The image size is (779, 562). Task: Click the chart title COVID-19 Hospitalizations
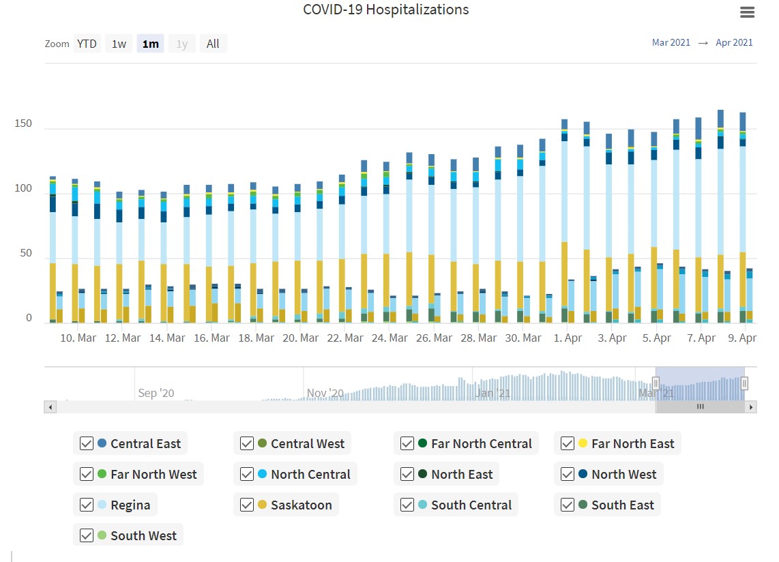[x=385, y=10]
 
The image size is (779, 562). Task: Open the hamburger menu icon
[x=747, y=12]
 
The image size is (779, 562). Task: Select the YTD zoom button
[x=87, y=44]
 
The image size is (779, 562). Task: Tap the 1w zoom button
[x=119, y=44]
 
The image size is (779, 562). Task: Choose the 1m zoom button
[x=150, y=44]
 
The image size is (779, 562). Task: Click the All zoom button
[x=213, y=44]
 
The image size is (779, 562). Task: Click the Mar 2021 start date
[x=671, y=42]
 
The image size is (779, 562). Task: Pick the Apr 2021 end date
[x=734, y=42]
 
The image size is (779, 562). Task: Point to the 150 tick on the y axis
[x=23, y=123]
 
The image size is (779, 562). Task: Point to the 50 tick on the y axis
[x=26, y=254]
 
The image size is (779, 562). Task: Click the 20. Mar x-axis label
[x=301, y=338]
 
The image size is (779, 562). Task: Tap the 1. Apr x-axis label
[x=568, y=338]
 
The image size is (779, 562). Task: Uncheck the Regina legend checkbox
[x=87, y=505]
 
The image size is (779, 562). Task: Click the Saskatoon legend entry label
[x=301, y=505]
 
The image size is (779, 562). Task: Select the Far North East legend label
[x=632, y=444]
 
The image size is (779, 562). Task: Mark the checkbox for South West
[x=87, y=536]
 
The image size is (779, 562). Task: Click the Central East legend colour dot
[x=102, y=443]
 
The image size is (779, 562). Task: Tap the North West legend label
[x=623, y=475]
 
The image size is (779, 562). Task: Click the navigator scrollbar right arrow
[x=751, y=407]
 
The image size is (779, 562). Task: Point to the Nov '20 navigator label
[x=325, y=393]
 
